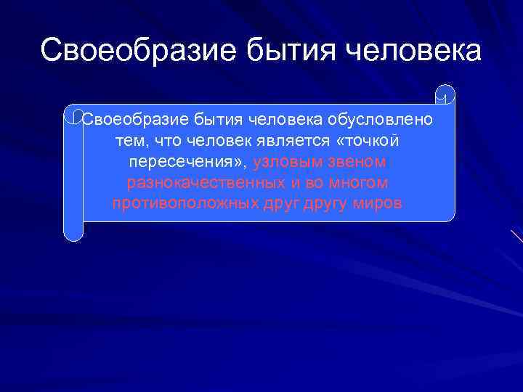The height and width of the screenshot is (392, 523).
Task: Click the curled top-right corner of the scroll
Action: point(445,94)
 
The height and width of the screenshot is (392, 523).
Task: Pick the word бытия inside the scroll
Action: point(219,119)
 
